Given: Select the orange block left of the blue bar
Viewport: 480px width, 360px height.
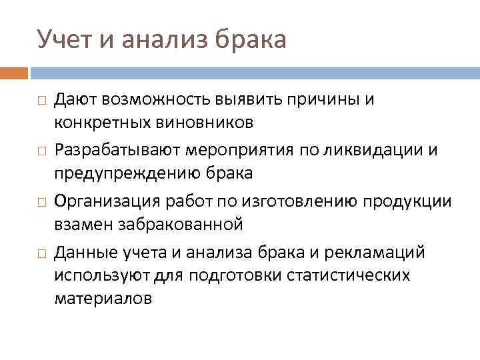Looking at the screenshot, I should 14,72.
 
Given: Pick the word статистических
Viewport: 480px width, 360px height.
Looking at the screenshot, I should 343,275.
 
